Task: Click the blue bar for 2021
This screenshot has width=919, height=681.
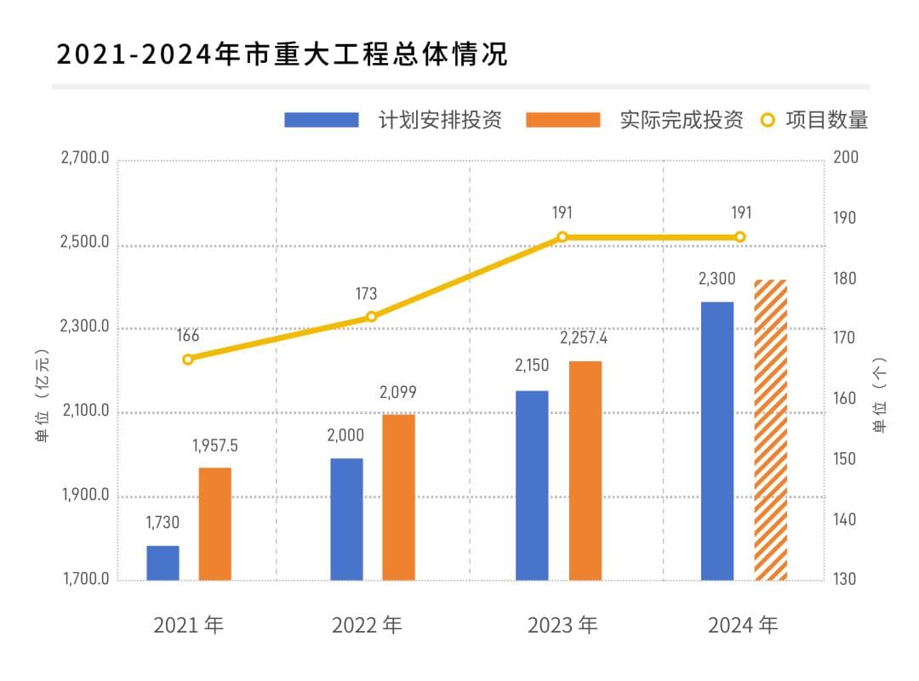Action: [x=163, y=563]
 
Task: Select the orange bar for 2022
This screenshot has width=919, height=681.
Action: [x=398, y=497]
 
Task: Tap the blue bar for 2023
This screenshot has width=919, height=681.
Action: [x=532, y=485]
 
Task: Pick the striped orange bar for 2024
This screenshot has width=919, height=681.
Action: [x=771, y=430]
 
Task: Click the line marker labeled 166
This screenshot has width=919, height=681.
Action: [x=188, y=359]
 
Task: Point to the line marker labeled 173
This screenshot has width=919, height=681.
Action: [x=371, y=316]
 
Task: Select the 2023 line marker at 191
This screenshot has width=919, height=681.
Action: [x=562, y=237]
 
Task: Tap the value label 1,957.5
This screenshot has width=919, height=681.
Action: [x=214, y=445]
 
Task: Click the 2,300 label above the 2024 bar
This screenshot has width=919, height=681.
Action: [x=716, y=279]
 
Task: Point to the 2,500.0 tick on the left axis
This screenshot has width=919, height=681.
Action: [x=84, y=243]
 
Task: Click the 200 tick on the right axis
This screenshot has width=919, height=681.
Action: [x=848, y=158]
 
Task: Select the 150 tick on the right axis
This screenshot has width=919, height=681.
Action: [x=848, y=459]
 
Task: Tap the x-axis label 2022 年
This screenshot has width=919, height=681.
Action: [x=366, y=626]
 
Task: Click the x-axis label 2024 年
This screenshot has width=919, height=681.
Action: [x=743, y=626]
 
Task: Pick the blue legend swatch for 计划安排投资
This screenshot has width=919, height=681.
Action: [x=321, y=120]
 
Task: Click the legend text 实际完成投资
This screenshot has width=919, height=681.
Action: [x=682, y=120]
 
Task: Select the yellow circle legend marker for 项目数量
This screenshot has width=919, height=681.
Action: [x=768, y=120]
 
